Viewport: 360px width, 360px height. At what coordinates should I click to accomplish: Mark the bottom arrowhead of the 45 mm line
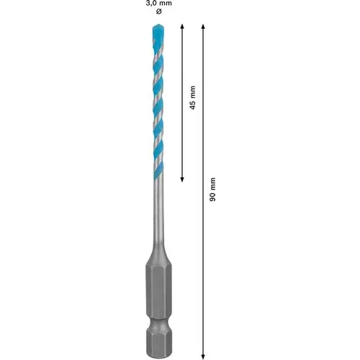click(181, 177)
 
